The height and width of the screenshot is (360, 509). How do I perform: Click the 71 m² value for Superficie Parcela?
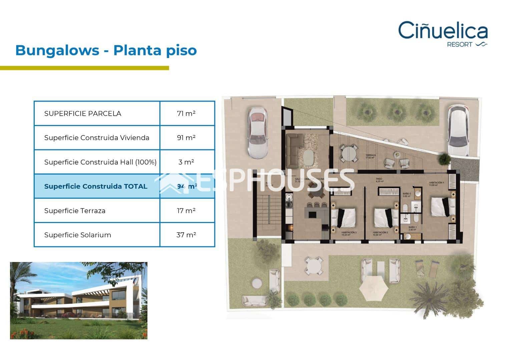coord(186,113)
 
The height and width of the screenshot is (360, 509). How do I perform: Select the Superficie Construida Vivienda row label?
coord(97,138)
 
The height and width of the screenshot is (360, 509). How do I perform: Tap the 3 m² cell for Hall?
coord(186,162)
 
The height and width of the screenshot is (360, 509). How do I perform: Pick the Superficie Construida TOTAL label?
coord(96,186)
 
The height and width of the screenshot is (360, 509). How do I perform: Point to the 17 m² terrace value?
coord(186,211)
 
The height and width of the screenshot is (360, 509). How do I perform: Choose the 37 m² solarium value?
coord(186,235)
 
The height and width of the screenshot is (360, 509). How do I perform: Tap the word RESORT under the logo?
coord(459,45)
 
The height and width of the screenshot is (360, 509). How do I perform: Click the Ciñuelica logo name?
coord(443,31)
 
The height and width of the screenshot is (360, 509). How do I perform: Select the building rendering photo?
coord(79,301)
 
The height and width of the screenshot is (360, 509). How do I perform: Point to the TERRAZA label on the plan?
coord(371,155)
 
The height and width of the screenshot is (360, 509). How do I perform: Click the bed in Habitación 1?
coord(442,207)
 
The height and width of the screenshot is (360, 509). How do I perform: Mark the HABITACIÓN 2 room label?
coord(380,233)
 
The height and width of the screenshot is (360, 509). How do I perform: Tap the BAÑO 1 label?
coord(413,227)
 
